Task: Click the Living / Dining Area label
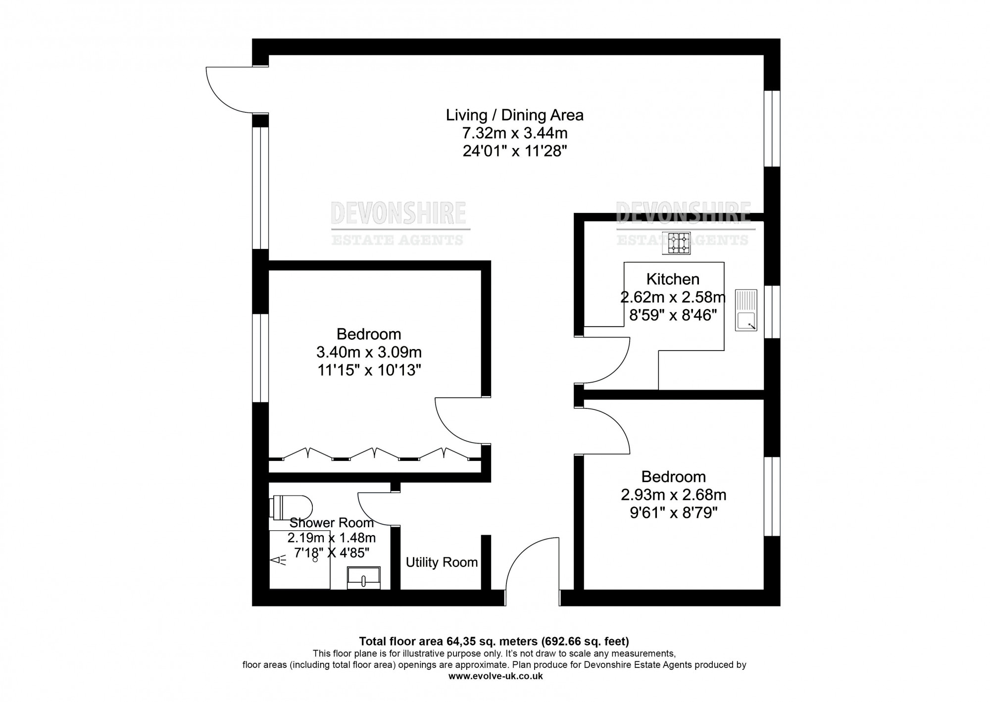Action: (x=515, y=115)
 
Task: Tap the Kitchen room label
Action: (x=673, y=279)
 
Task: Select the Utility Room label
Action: (x=442, y=562)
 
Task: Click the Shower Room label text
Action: (x=332, y=523)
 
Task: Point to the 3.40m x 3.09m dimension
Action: (x=369, y=352)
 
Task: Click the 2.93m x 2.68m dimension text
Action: (x=674, y=495)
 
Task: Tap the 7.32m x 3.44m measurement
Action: (x=515, y=133)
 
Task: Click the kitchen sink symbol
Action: (x=746, y=310)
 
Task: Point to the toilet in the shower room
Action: (x=292, y=507)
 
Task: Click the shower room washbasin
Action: (x=364, y=578)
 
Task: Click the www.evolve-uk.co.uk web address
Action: (x=495, y=676)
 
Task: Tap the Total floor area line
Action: (x=494, y=642)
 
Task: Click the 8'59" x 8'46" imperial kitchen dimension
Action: (x=673, y=315)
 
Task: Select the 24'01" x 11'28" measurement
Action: (x=515, y=151)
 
